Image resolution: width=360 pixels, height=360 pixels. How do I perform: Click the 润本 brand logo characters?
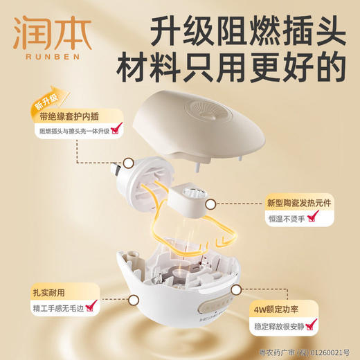tap(44, 32)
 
